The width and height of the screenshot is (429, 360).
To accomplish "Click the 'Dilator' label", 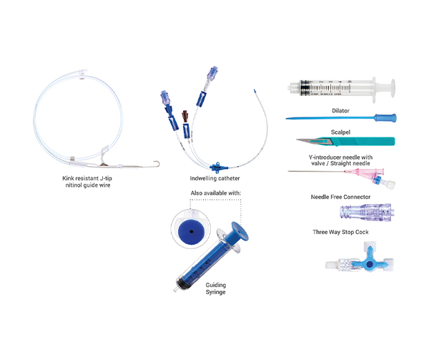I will pos(340,111).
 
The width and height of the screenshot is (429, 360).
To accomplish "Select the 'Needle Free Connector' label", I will pos(340,196).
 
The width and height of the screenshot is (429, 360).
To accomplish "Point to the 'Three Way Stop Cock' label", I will pos(340,232).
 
